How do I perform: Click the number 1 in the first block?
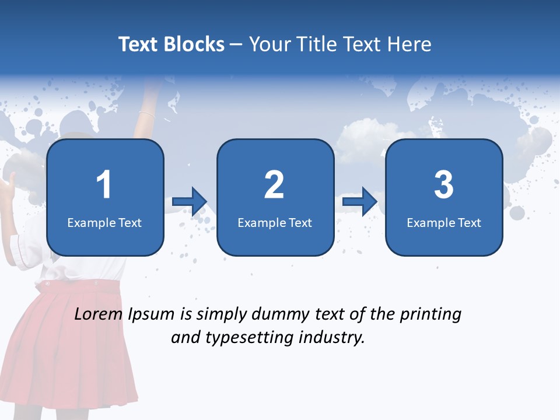coord(104,185)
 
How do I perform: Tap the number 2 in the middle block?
coord(274,185)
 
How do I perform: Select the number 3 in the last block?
coord(444,185)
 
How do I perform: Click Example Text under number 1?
coord(104,223)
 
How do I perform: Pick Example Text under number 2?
coord(275,223)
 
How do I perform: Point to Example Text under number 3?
coord(444,223)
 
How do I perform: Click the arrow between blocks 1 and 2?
coord(190,202)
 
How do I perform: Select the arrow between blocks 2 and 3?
coord(360,202)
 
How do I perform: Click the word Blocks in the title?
coord(195,44)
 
